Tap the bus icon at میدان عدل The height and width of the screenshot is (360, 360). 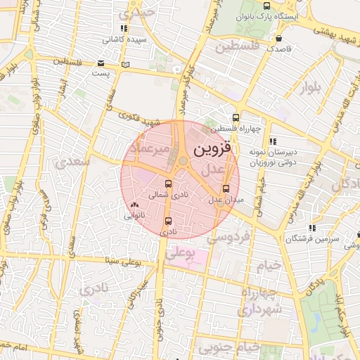[226, 188]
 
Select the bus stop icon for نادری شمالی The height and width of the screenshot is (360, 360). [167, 184]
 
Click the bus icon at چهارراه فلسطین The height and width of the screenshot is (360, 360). [236, 118]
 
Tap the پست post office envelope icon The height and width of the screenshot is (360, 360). [126, 65]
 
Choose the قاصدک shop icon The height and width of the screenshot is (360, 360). [280, 39]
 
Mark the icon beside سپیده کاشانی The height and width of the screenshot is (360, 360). [124, 29]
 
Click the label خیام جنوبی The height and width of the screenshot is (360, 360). [229, 347]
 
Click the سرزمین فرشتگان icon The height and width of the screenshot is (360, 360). [312, 228]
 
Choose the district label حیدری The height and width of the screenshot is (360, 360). [136, 12]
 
